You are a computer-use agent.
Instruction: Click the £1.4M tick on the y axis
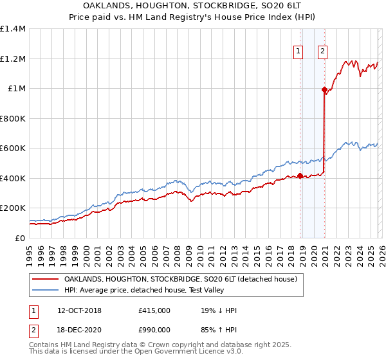(x=13, y=29)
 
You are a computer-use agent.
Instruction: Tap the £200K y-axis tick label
(x=13, y=208)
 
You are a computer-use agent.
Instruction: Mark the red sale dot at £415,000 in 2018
(x=300, y=176)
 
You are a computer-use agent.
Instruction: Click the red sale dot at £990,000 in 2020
(x=324, y=90)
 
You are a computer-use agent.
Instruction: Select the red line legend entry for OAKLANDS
(x=180, y=280)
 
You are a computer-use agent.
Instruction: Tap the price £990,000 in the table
(x=154, y=328)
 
